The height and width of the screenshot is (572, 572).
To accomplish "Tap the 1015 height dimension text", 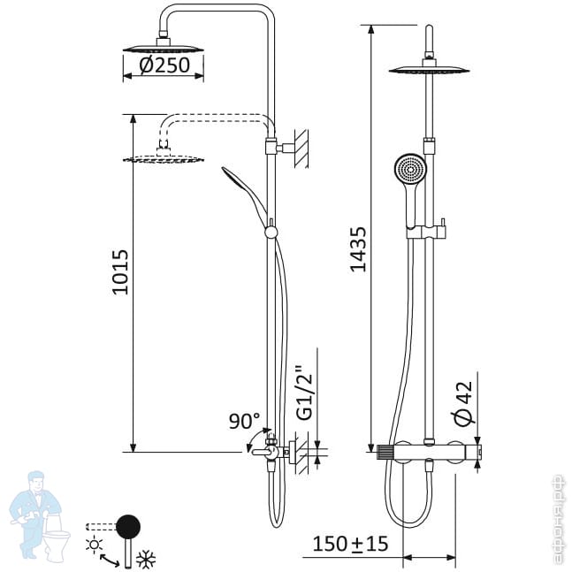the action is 120,272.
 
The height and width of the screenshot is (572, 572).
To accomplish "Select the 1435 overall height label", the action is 358,249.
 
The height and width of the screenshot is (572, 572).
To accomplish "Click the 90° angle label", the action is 244,421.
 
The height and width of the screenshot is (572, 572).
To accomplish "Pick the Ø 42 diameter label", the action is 463,403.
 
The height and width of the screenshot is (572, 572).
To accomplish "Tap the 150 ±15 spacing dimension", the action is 350,544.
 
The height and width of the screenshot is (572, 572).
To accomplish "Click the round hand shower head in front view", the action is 410,169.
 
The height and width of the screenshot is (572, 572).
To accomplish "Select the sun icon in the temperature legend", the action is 94,545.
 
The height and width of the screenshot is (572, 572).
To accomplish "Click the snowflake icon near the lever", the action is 146,559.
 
